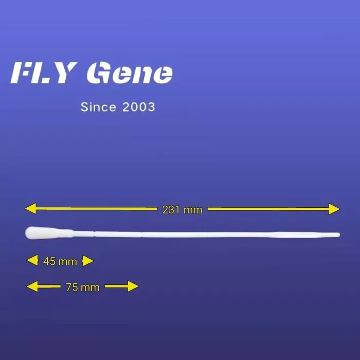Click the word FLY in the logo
click(44, 73)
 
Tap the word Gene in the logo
click(130, 73)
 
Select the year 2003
click(139, 107)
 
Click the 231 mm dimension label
click(183, 210)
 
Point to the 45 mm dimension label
click(60, 261)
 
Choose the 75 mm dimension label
click(83, 287)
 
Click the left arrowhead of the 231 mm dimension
click(30, 208)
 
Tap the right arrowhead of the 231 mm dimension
click(334, 209)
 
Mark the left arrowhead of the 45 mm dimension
click(32, 260)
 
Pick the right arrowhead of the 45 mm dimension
click(88, 261)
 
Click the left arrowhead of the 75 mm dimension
click(32, 286)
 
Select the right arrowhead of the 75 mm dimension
click(133, 286)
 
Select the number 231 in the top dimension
click(171, 210)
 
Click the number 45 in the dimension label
click(49, 261)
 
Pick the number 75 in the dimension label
click(72, 287)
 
